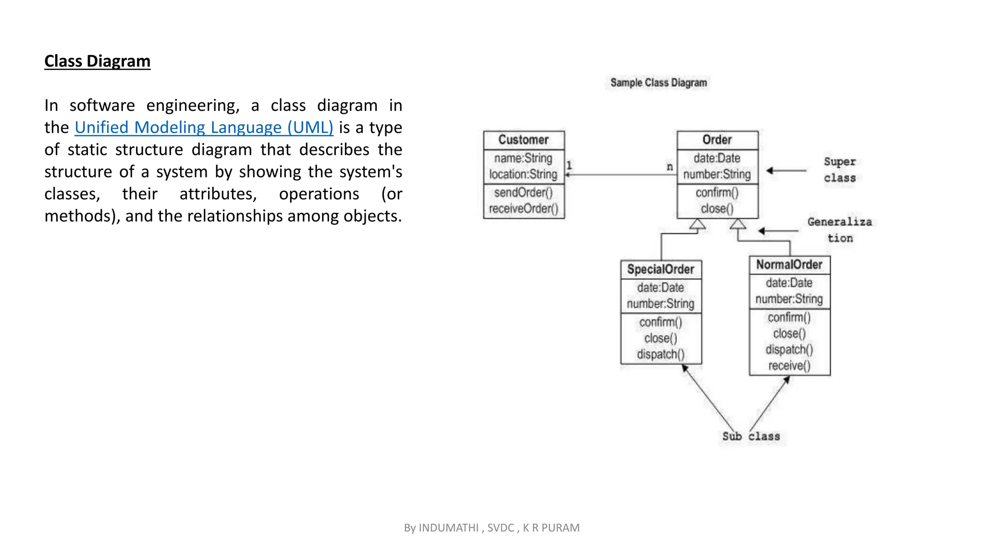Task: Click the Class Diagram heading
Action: click(x=97, y=61)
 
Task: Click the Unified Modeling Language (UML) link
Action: click(x=204, y=127)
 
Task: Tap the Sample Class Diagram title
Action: click(x=658, y=83)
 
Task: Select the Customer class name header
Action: click(x=523, y=140)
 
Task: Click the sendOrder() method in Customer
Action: click(x=523, y=192)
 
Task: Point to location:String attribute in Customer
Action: click(x=523, y=174)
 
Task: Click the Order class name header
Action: click(x=717, y=140)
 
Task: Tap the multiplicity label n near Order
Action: click(x=670, y=167)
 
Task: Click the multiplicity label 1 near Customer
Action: click(x=569, y=165)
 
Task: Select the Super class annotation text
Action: click(x=839, y=169)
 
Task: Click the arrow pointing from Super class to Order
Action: click(x=786, y=170)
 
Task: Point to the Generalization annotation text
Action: click(x=839, y=229)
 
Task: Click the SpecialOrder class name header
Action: click(x=661, y=269)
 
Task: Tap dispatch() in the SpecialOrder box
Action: click(x=661, y=354)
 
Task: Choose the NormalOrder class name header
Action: click(x=789, y=264)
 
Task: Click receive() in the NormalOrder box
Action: click(x=789, y=366)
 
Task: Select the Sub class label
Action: click(x=751, y=436)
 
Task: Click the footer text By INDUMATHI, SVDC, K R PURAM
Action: click(x=492, y=528)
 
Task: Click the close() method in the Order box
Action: click(x=717, y=209)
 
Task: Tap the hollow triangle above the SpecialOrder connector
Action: click(x=697, y=224)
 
